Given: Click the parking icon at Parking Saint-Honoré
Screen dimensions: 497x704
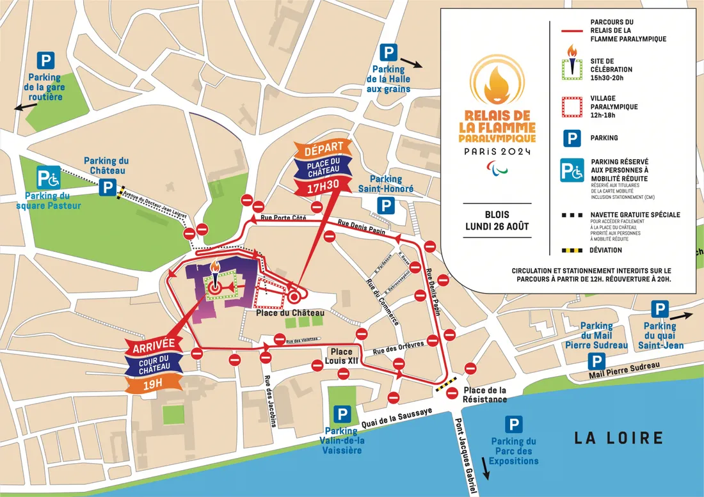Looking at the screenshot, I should tap(385, 205).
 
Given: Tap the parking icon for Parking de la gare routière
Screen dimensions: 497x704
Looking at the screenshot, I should tap(45, 61).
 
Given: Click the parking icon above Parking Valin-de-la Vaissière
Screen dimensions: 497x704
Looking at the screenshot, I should tap(344, 414).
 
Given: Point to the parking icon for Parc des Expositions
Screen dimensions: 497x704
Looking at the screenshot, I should tap(514, 423).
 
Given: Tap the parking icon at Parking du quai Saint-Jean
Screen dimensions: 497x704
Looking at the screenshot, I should tap(660, 310).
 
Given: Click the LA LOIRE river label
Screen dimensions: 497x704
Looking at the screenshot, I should tap(618, 438).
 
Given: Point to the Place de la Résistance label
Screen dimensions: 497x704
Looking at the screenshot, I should tap(485, 395).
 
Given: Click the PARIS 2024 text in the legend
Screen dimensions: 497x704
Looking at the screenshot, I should tap(497, 152).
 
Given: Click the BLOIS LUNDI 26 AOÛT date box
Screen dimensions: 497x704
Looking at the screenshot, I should tap(497, 220).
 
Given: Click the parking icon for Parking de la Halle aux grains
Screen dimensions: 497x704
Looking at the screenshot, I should tap(388, 52).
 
